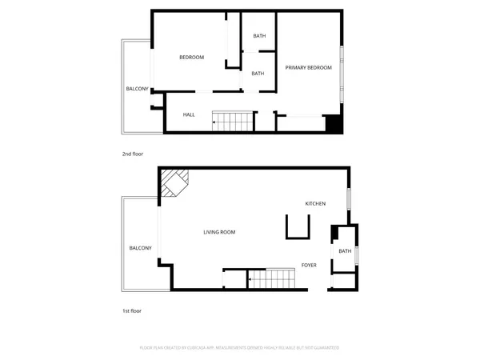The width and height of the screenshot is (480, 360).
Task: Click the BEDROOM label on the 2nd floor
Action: coord(191,57)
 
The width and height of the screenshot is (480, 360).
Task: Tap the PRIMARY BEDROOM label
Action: coord(309,68)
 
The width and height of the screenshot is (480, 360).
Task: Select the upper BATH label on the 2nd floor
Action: coord(259,36)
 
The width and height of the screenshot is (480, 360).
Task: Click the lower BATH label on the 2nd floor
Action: coord(258,74)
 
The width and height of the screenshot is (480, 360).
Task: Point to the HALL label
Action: coord(189,114)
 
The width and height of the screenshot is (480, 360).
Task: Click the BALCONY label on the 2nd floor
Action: coord(137,88)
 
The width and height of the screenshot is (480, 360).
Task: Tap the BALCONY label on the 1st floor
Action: coord(140,248)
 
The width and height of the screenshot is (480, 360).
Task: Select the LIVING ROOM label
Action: coord(218,232)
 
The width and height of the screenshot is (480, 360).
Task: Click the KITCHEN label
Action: coord(315,204)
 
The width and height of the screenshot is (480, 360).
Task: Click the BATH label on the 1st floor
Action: coord(345,251)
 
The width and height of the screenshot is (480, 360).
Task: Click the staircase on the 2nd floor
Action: coord(234,122)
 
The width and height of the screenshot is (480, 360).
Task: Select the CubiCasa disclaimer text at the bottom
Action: coord(240,348)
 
